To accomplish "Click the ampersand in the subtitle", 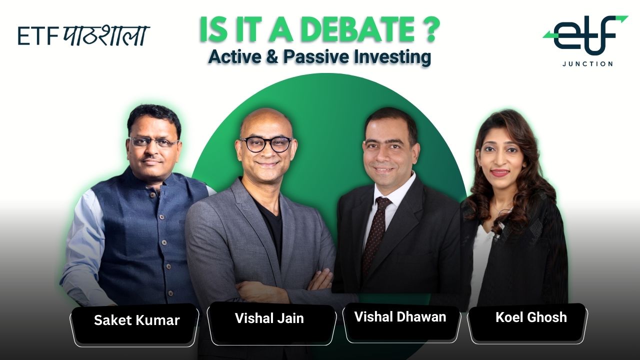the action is pyautogui.click(x=272, y=57).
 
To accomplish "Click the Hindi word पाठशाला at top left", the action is pyautogui.click(x=106, y=36).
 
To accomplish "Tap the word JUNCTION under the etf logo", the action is pyautogui.click(x=587, y=64).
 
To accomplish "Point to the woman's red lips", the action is pyautogui.click(x=500, y=173).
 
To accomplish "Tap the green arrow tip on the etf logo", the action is pyautogui.click(x=623, y=19).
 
